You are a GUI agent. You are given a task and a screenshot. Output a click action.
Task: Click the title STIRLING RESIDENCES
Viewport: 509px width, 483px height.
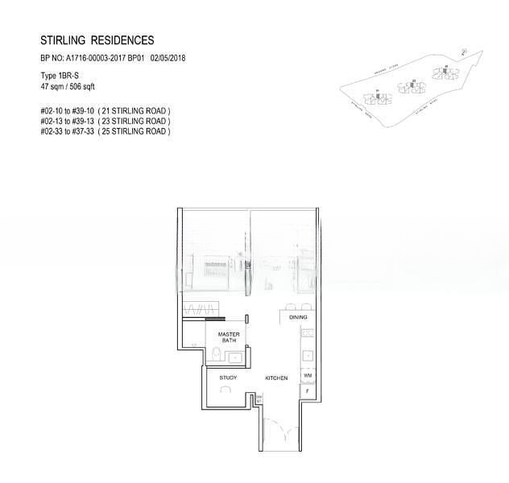(97, 39)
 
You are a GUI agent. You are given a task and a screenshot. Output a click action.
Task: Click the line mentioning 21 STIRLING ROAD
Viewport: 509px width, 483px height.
(105, 110)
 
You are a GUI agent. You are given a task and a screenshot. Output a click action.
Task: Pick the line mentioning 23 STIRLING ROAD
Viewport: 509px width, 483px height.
(105, 121)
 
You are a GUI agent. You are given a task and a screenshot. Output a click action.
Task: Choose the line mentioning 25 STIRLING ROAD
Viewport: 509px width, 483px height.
(105, 130)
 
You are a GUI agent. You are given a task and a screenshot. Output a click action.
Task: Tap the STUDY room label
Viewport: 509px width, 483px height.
(228, 377)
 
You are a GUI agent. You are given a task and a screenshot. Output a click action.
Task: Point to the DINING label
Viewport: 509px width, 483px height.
(299, 318)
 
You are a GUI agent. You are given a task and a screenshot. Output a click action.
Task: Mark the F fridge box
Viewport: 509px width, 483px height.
(308, 391)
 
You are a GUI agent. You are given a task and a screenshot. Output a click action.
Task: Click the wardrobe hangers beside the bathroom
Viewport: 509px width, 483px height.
(200, 310)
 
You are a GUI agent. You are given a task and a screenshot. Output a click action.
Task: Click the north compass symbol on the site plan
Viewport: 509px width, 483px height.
(466, 52)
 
